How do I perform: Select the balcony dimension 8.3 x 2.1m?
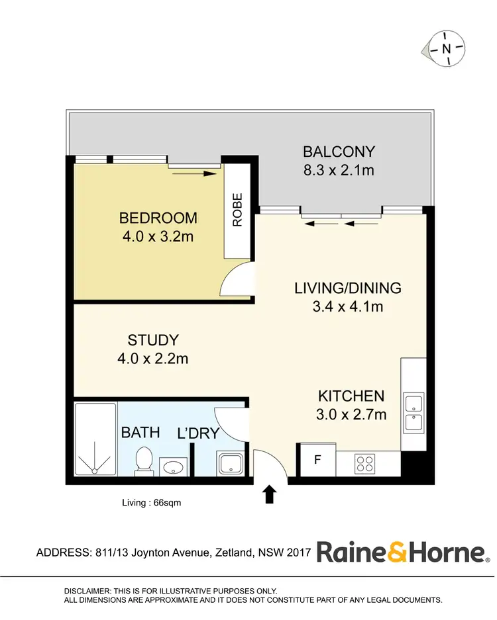pyautogui.click(x=339, y=170)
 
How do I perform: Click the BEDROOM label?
pyautogui.click(x=158, y=218)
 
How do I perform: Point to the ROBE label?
pyautogui.click(x=237, y=210)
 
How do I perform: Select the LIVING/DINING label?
pyautogui.click(x=348, y=288)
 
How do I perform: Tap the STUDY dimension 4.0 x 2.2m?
pyautogui.click(x=153, y=359)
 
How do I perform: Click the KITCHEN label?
pyautogui.click(x=351, y=396)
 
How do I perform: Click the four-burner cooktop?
pyautogui.click(x=365, y=463)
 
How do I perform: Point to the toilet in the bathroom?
pyautogui.click(x=143, y=461)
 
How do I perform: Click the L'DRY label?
pyautogui.click(x=198, y=434)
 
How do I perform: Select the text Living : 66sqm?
pyautogui.click(x=151, y=503)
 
